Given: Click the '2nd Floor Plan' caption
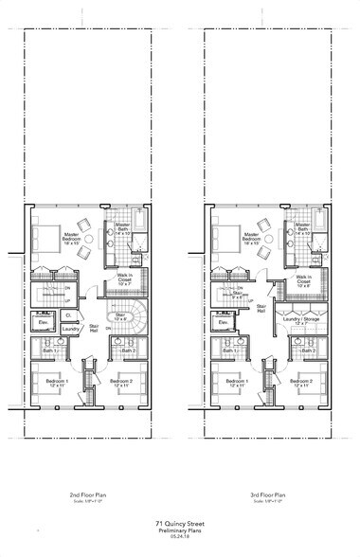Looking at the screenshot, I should coord(86,495).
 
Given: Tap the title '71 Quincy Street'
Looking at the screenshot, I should coord(180,522).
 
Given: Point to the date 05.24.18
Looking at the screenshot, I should coord(180,536).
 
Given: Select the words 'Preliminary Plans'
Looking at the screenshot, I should coord(180,530).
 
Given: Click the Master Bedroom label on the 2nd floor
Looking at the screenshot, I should coord(71,238).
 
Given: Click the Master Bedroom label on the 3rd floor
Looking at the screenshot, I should coord(250,238).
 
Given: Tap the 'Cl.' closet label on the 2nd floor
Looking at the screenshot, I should coord(69,314).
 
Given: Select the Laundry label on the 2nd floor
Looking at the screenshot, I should coord(69,332).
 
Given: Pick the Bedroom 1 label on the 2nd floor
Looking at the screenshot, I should coord(53,383).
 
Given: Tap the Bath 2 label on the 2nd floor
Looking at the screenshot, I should coord(130,351).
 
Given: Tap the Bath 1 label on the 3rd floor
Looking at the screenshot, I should coord(229,351).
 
